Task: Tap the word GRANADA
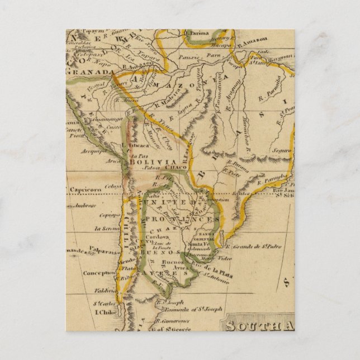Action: coord(83,72)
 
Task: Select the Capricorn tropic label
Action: coord(85,190)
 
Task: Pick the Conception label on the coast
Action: coord(99,273)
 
